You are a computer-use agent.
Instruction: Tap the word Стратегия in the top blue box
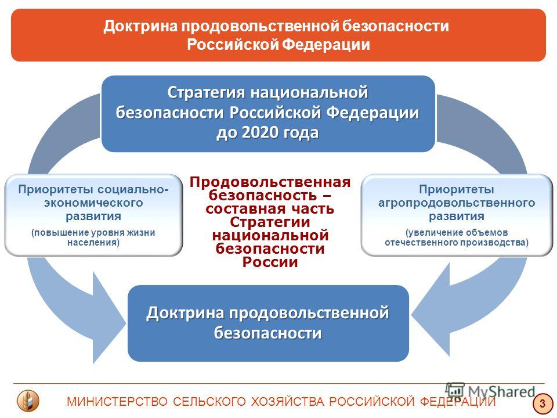click(x=206, y=92)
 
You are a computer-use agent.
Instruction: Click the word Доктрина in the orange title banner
click(x=140, y=26)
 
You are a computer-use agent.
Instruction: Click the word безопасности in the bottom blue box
click(x=268, y=333)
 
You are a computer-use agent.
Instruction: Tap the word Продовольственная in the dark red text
click(x=270, y=182)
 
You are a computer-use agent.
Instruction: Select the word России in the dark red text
click(x=270, y=262)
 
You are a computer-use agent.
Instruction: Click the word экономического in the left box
click(x=93, y=203)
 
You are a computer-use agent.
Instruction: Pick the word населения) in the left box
click(x=93, y=243)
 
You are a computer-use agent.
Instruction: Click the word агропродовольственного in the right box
click(x=457, y=203)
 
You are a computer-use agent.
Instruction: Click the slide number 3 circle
click(x=542, y=403)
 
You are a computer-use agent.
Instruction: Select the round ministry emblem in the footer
click(x=28, y=401)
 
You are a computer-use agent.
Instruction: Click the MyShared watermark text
click(x=501, y=391)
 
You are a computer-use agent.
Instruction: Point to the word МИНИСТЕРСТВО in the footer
click(x=117, y=402)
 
